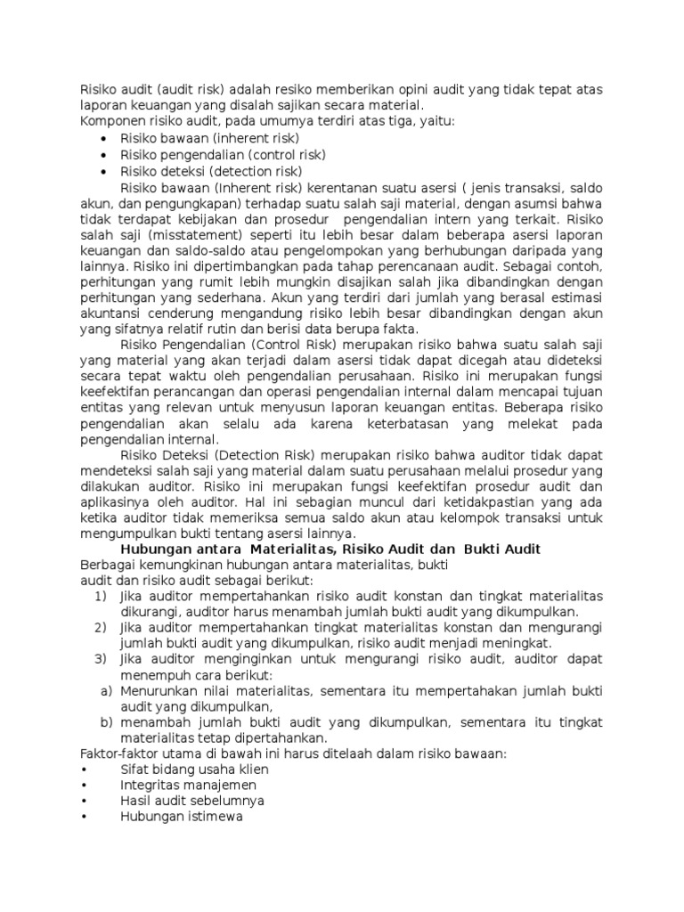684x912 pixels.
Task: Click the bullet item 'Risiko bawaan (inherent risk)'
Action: (x=209, y=138)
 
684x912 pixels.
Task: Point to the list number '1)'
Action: (x=101, y=596)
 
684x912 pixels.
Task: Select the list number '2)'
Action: (x=101, y=628)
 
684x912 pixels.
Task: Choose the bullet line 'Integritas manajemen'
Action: (x=188, y=786)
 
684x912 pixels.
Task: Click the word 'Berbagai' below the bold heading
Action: (x=108, y=565)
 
